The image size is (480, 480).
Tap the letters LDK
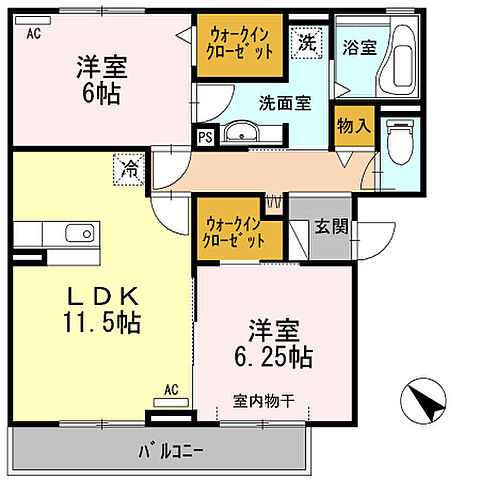pos(98,296)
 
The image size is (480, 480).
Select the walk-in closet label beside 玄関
pos(235,232)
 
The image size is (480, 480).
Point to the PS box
pos(205,138)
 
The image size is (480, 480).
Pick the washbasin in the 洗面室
pos(240,133)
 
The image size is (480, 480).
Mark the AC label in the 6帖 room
pos(34,32)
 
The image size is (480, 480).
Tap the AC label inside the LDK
pos(170,390)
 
